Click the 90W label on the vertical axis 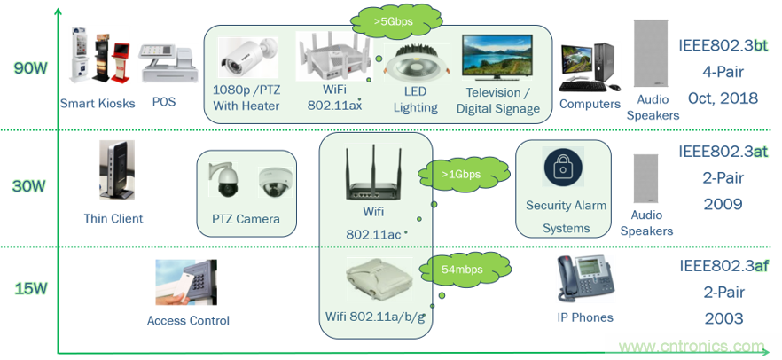(31, 67)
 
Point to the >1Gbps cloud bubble (461, 174)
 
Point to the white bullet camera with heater (248, 55)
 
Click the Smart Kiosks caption (98, 103)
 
